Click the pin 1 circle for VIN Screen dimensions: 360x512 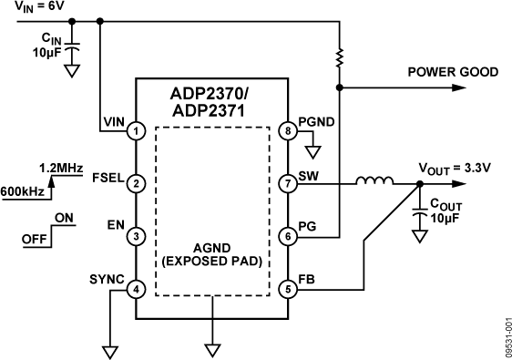(x=136, y=131)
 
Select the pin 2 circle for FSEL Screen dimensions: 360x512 (x=136, y=183)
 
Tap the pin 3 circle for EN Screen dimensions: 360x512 (x=136, y=236)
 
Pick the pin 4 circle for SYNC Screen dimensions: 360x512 (x=136, y=290)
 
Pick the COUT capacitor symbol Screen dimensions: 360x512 (x=420, y=214)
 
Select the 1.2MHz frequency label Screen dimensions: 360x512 (x=60, y=168)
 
